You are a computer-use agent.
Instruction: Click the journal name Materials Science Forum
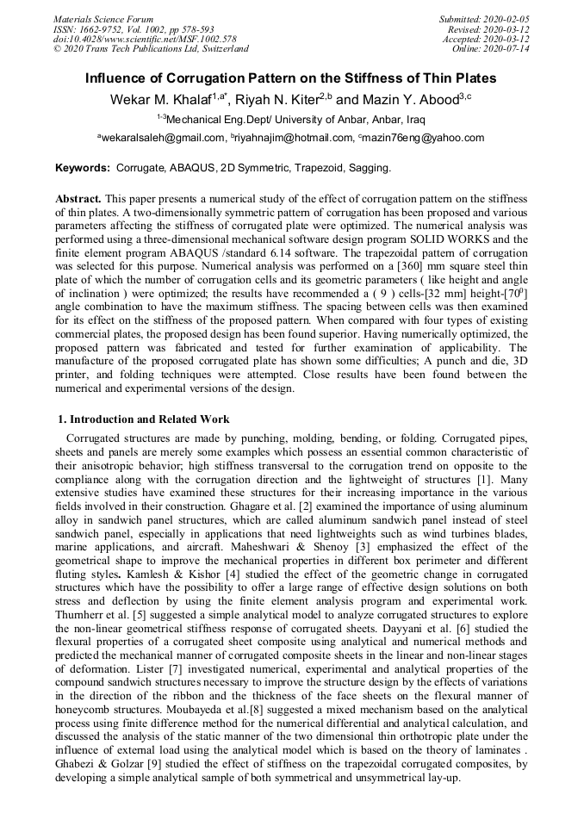(x=103, y=19)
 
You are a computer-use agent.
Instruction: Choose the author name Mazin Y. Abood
(x=405, y=100)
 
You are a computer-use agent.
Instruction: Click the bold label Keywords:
(x=83, y=167)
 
